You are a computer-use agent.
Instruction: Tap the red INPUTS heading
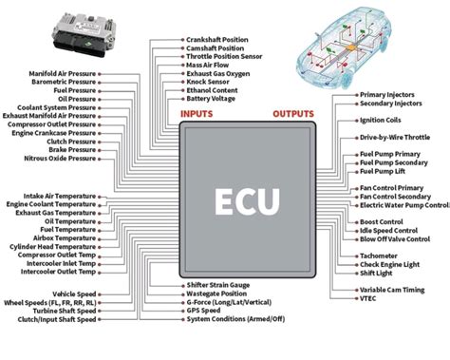coord(197,114)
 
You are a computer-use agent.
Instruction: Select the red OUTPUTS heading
coord(293,114)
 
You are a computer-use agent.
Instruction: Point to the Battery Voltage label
coord(212,98)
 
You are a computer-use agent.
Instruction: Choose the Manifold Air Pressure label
coord(55,73)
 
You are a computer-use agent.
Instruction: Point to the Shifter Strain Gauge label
coord(218,285)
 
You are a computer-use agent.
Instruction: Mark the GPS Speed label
coord(204,311)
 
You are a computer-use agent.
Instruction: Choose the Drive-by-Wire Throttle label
coord(395,138)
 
